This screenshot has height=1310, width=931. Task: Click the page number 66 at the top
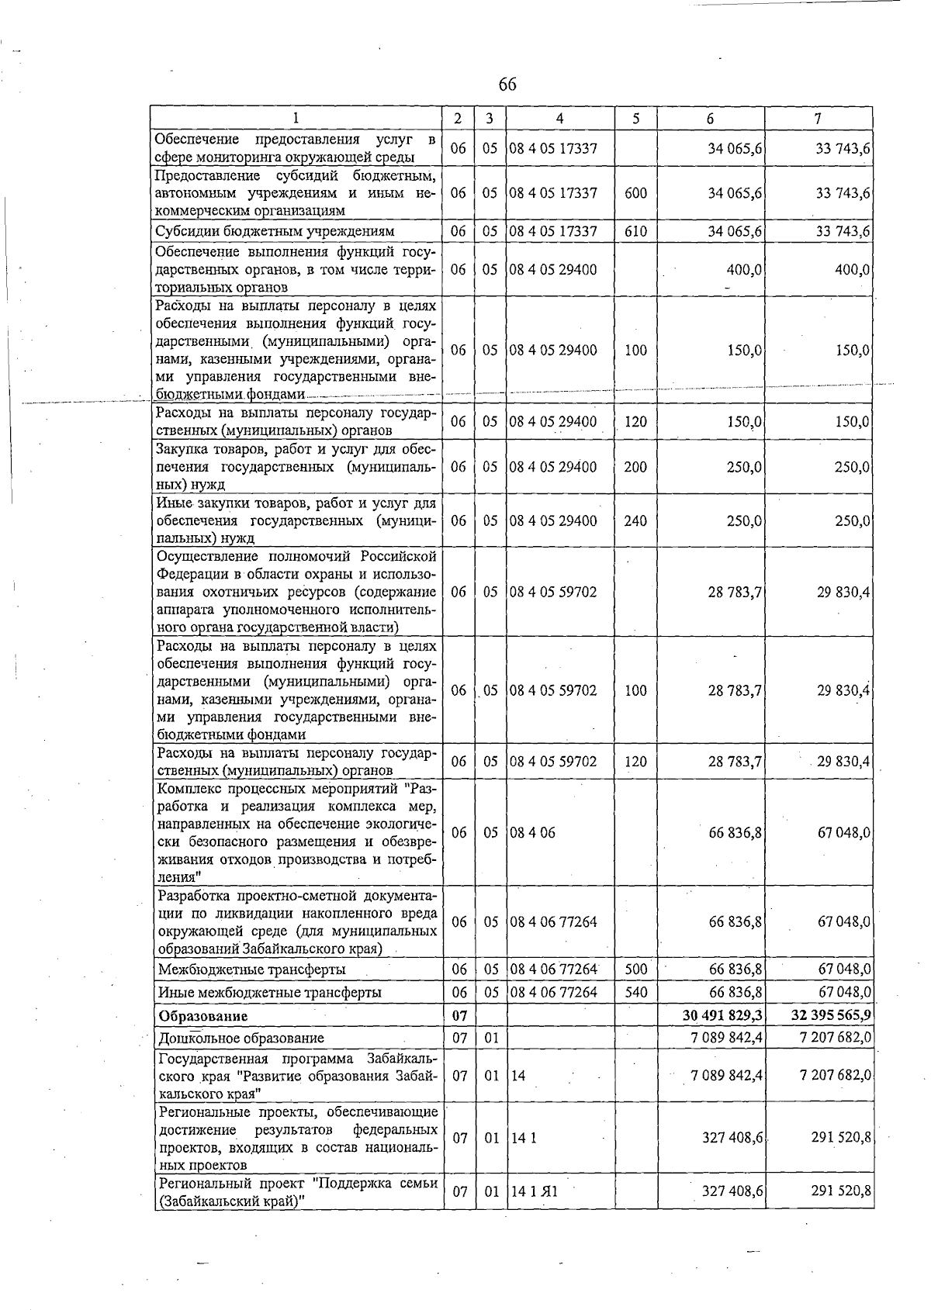tap(507, 84)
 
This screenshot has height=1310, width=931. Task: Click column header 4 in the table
tap(559, 119)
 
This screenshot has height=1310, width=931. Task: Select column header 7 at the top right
tap(818, 119)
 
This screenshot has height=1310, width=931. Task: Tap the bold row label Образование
tap(203, 1015)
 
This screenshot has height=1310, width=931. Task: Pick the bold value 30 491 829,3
tap(721, 1015)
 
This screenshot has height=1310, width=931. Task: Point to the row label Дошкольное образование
tap(241, 1038)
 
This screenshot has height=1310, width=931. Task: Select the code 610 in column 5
tap(635, 231)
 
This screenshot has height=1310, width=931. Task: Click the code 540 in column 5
tap(635, 992)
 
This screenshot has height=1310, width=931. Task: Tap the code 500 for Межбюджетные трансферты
tap(635, 970)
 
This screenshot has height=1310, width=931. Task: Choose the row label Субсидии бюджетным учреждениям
tap(275, 231)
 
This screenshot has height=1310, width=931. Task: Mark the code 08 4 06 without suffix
tap(532, 832)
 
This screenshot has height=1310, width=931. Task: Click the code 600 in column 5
tap(635, 192)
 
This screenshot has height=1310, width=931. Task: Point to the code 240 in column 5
tap(635, 520)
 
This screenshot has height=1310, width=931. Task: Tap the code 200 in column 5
tap(635, 467)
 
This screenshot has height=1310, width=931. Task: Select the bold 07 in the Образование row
tap(459, 1015)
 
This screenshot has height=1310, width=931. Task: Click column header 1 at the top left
tap(296, 119)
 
